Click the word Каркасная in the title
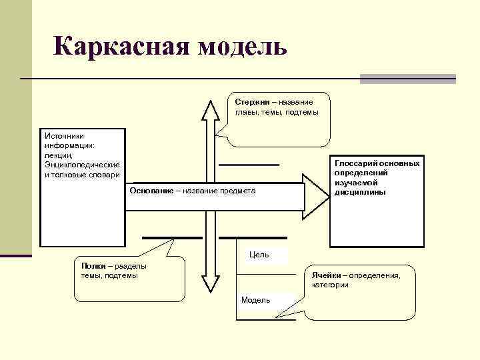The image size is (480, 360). point(121,47)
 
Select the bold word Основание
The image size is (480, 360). point(151,191)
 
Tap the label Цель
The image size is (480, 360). point(259,255)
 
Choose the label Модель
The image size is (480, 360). point(255,300)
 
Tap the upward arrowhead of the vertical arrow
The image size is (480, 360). point(211,109)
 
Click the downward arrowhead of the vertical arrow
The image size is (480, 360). point(211,285)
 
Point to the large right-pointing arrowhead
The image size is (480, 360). point(317,195)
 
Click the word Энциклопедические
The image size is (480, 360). point(82,165)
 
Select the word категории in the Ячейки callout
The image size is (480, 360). point(331,285)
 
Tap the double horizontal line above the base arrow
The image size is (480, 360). point(249,164)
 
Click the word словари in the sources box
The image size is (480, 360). point(105,175)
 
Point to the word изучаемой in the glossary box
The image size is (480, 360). point(357,183)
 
